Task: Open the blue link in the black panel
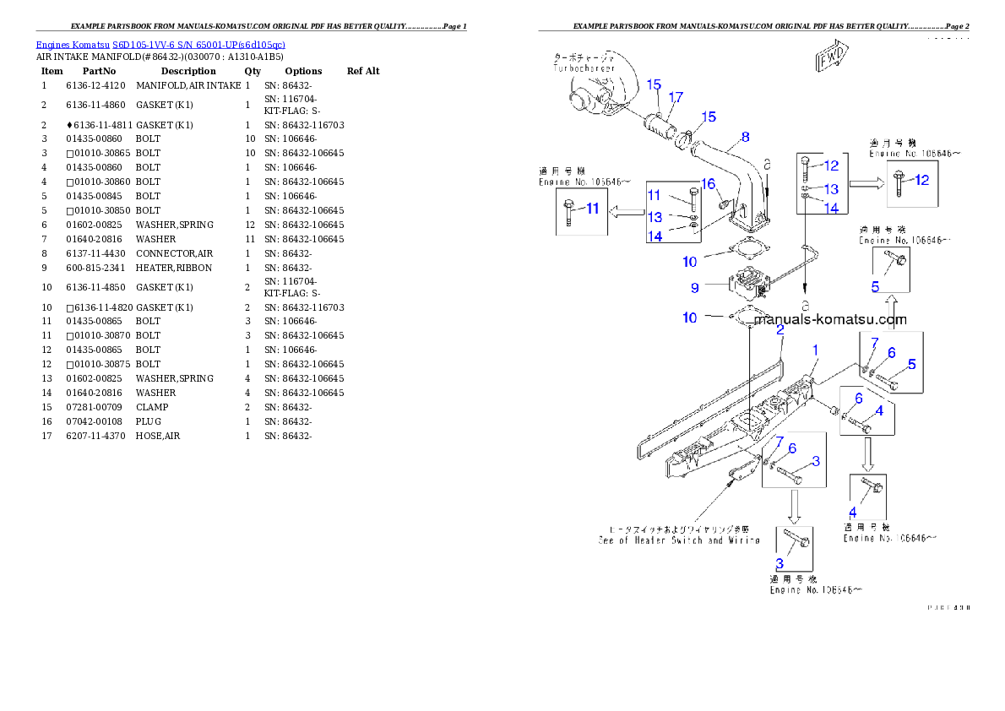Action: [x=160, y=44]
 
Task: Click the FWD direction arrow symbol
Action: [x=833, y=57]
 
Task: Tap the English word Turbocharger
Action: [x=583, y=68]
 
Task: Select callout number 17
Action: [x=676, y=98]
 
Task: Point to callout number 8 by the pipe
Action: [x=745, y=136]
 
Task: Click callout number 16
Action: [x=709, y=184]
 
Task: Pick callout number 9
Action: [x=694, y=287]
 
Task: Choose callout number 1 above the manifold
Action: [x=815, y=349]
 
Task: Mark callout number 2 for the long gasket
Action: [x=781, y=331]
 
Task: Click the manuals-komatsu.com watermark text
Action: [x=831, y=319]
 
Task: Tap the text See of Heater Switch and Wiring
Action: [x=679, y=540]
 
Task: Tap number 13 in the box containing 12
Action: [x=832, y=189]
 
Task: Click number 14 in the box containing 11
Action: [x=655, y=236]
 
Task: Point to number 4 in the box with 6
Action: [x=879, y=410]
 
